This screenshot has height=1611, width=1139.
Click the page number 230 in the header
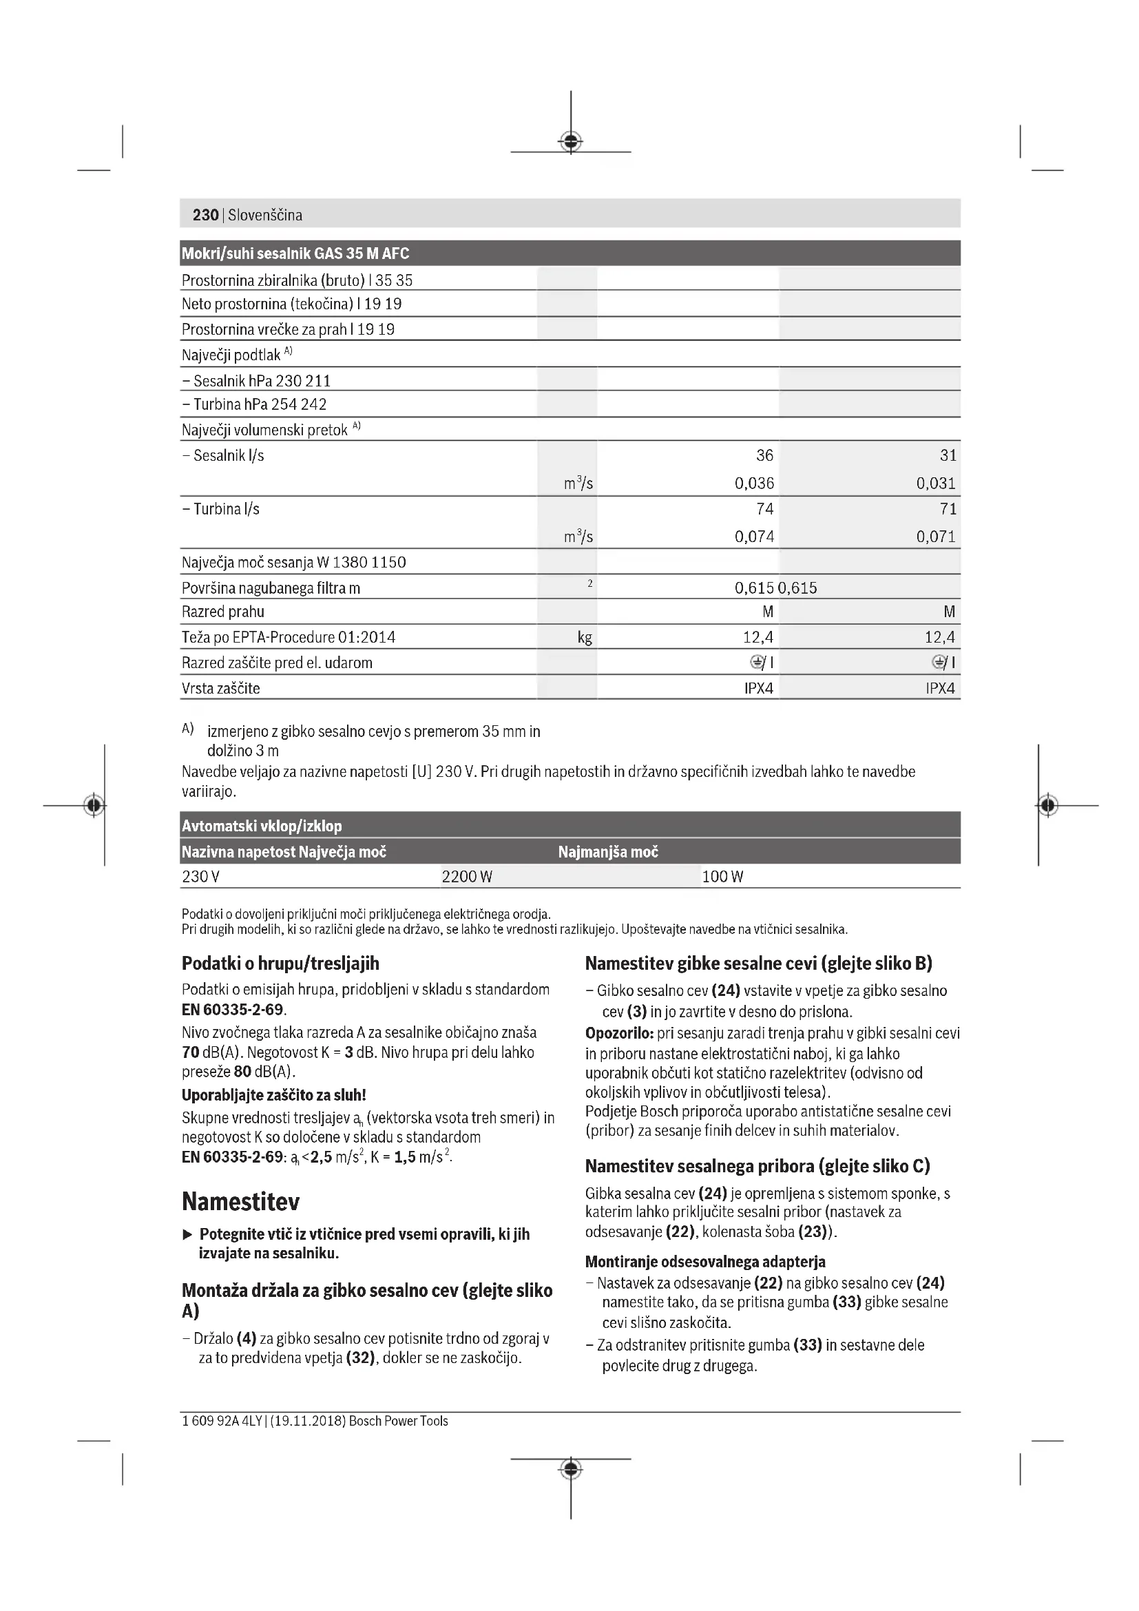[x=205, y=215]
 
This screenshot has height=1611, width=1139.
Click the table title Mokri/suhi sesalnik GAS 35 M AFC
[x=295, y=253]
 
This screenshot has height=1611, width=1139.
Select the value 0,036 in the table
[x=754, y=484]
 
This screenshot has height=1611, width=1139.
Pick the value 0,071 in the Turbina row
[x=936, y=537]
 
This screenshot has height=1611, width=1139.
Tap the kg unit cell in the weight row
[x=584, y=638]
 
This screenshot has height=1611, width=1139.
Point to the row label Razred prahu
[x=223, y=612]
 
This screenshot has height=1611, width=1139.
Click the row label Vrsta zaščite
[x=220, y=688]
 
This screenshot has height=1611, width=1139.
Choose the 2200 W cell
[x=467, y=876]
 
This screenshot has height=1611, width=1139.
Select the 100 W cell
[x=722, y=876]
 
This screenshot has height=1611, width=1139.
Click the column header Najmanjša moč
[x=608, y=852]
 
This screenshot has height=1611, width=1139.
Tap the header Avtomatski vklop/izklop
[x=262, y=826]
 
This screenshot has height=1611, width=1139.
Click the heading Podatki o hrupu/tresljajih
[x=280, y=964]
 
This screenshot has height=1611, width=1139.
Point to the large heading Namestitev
[x=240, y=1202]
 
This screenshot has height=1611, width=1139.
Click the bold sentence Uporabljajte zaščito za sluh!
[x=273, y=1094]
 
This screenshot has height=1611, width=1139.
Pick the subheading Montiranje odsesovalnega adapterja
[x=705, y=1262]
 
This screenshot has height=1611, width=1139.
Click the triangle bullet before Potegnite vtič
[x=187, y=1234]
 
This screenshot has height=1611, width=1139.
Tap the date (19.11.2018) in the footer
[x=308, y=1421]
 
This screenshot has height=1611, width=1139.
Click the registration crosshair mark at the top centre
[x=571, y=142]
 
